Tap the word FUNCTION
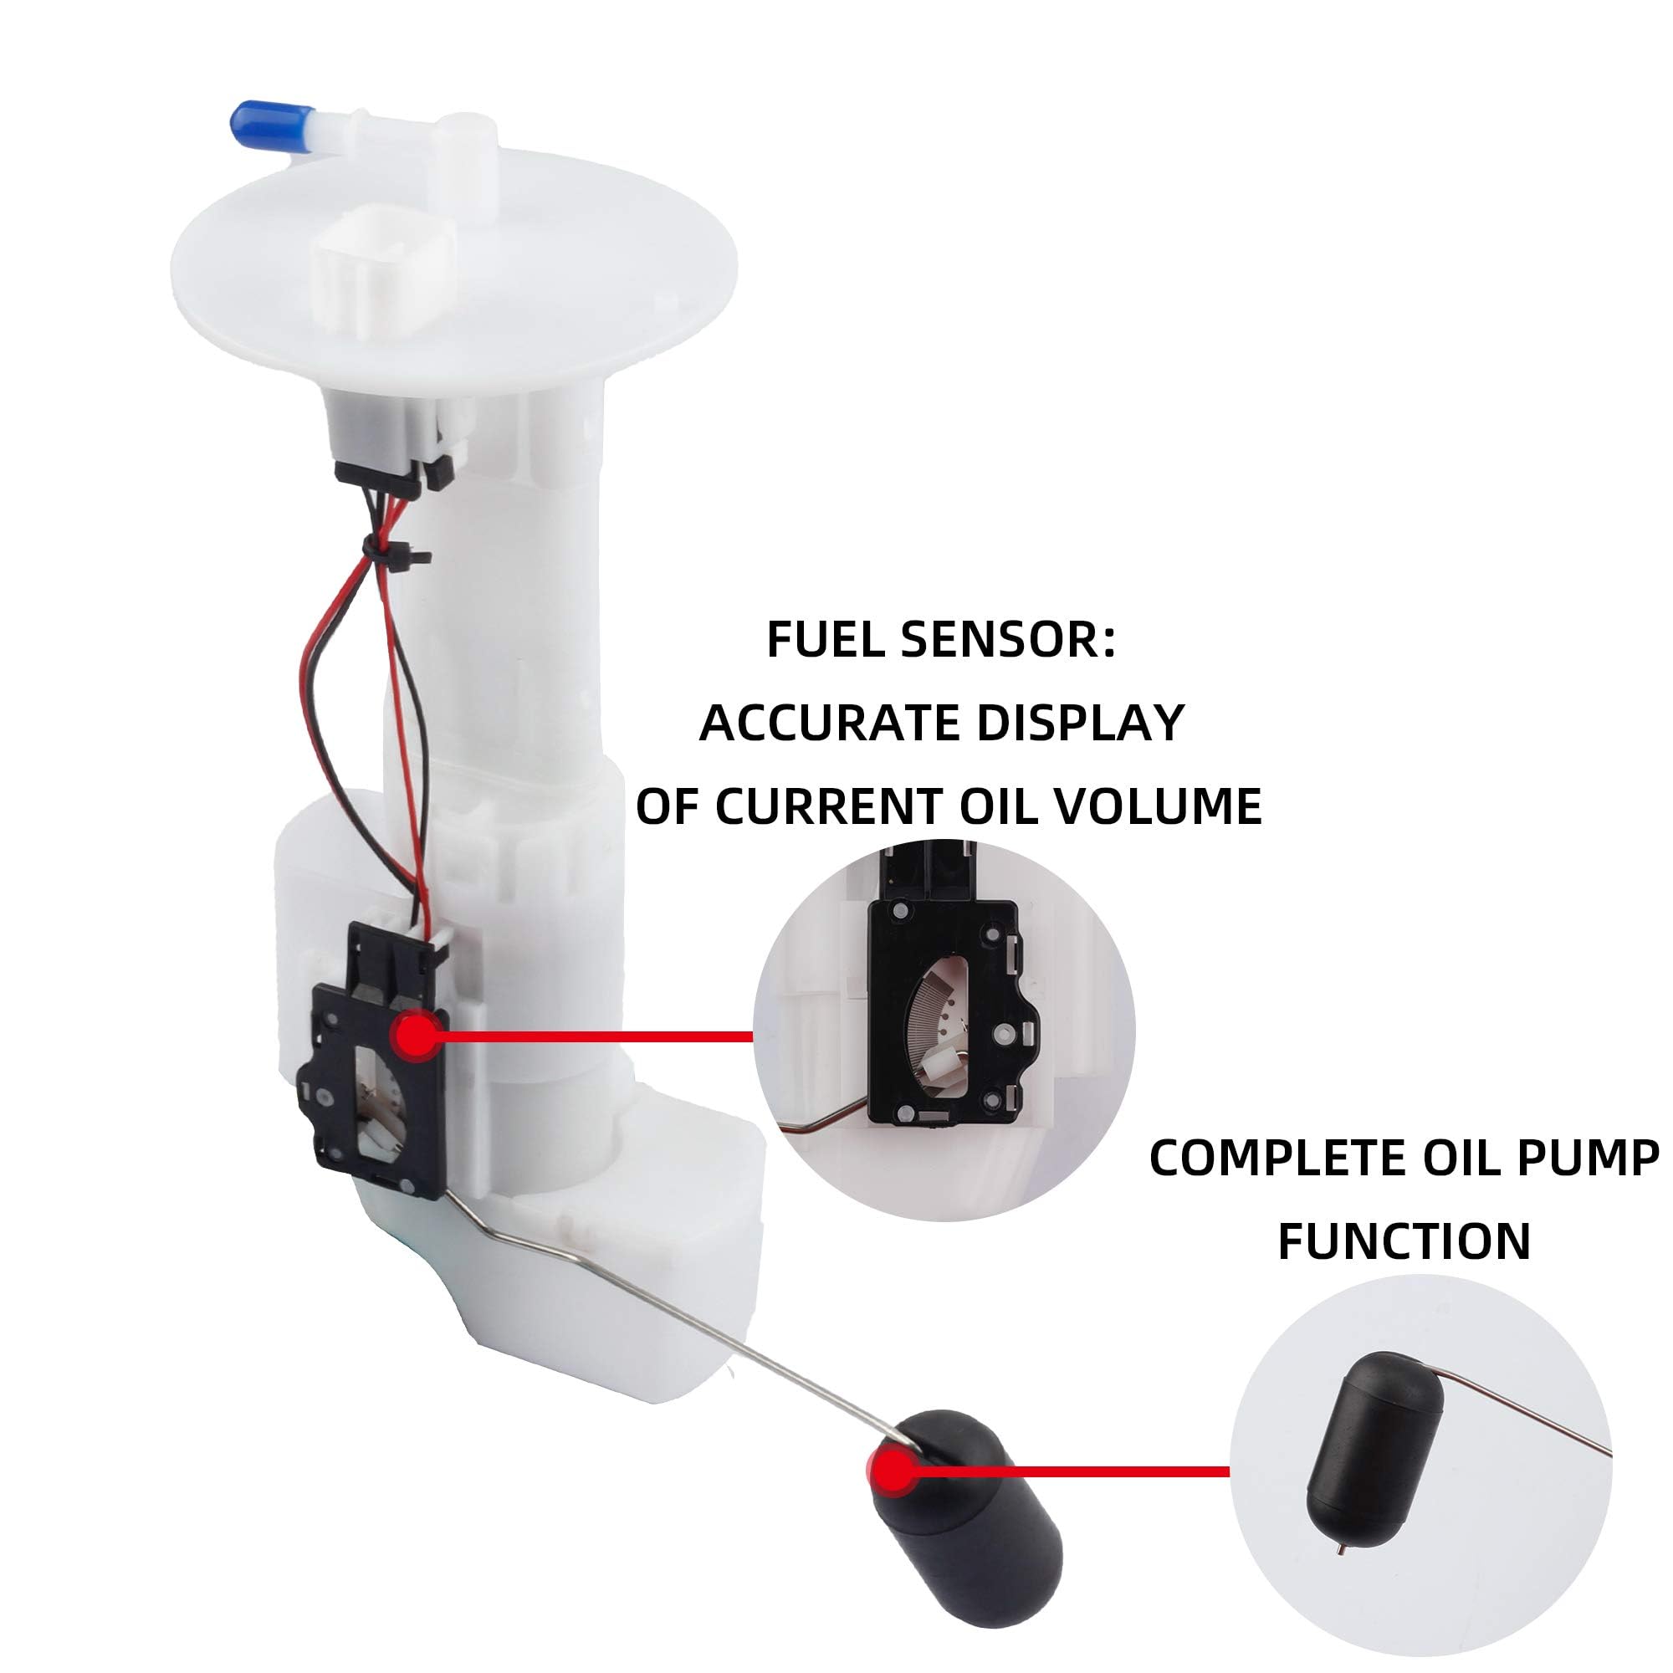coord(1404,1241)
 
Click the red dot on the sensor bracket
coord(418,1036)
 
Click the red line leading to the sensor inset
coord(598,1036)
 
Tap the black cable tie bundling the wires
coord(391,550)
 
